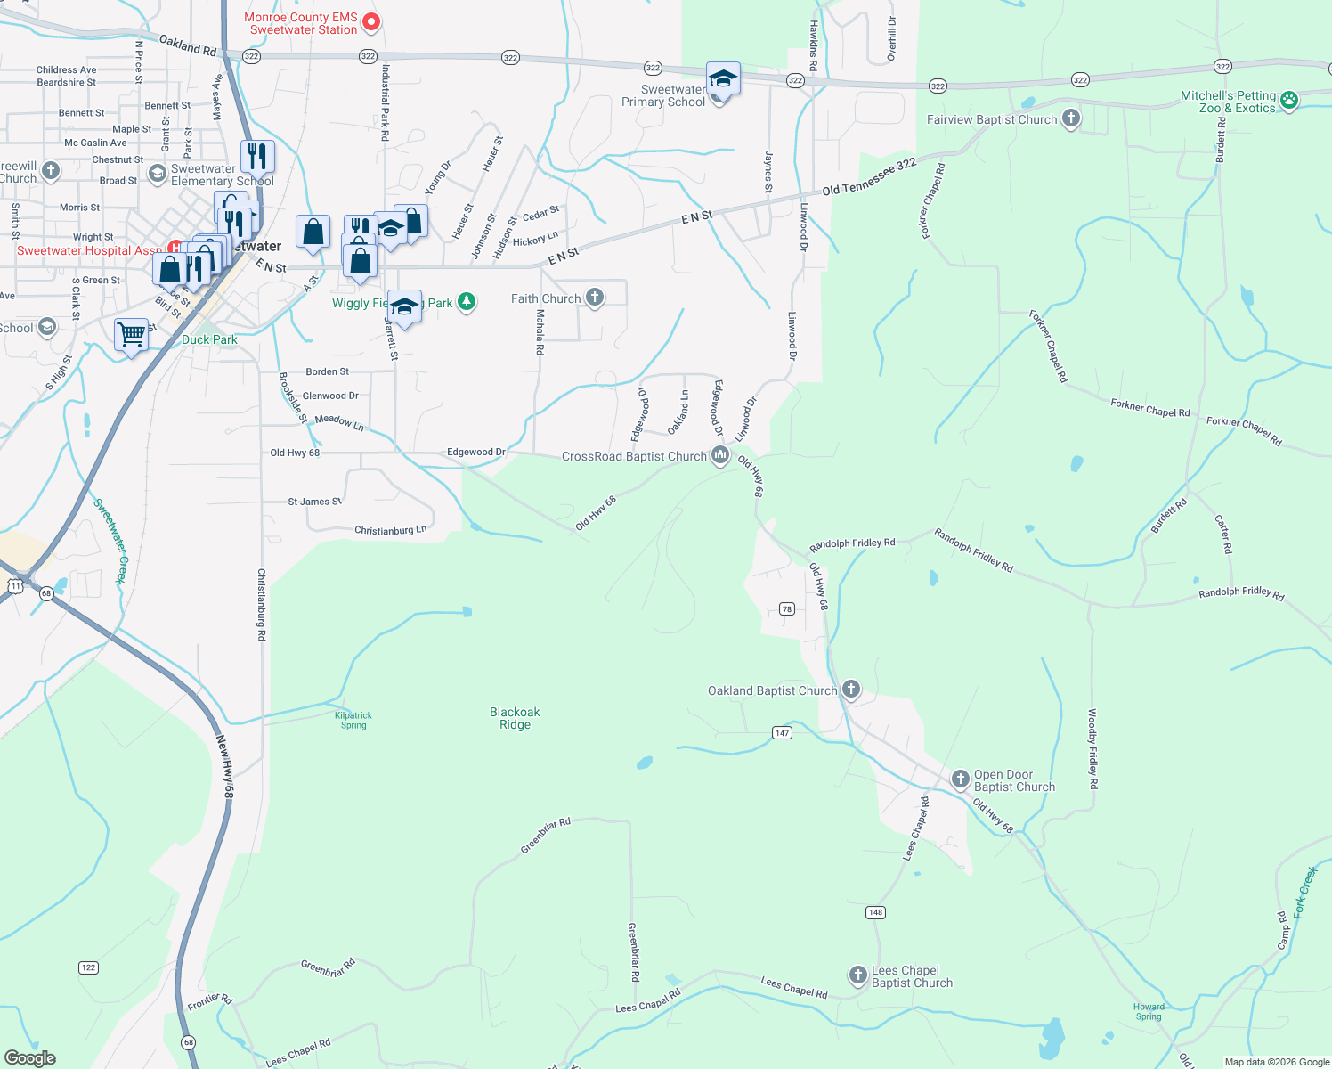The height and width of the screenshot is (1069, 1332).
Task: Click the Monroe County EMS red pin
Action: click(371, 21)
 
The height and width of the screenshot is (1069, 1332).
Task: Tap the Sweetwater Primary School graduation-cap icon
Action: click(723, 80)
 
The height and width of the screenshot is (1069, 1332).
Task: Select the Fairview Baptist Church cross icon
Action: click(1070, 118)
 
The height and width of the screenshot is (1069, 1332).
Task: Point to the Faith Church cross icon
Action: click(594, 298)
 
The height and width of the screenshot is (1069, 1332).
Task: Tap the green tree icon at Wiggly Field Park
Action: click(466, 302)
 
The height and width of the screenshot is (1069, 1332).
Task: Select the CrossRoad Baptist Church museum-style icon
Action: click(719, 456)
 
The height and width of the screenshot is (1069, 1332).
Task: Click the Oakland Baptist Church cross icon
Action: click(850, 689)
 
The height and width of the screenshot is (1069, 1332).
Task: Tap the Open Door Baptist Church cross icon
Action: click(960, 779)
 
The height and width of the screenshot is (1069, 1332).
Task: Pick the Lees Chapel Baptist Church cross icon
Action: click(857, 975)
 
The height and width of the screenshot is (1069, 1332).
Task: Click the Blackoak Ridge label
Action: click(515, 718)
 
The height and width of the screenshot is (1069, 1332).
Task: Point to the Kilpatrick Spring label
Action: click(353, 720)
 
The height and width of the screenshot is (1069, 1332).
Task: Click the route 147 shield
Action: click(782, 733)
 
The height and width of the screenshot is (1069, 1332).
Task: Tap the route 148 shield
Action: click(875, 912)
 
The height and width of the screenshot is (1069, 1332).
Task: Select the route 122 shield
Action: click(88, 967)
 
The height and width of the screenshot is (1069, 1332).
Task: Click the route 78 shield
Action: click(786, 609)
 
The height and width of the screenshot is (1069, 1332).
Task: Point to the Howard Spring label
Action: click(1149, 1011)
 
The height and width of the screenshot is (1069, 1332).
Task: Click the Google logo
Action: click(30, 1058)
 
